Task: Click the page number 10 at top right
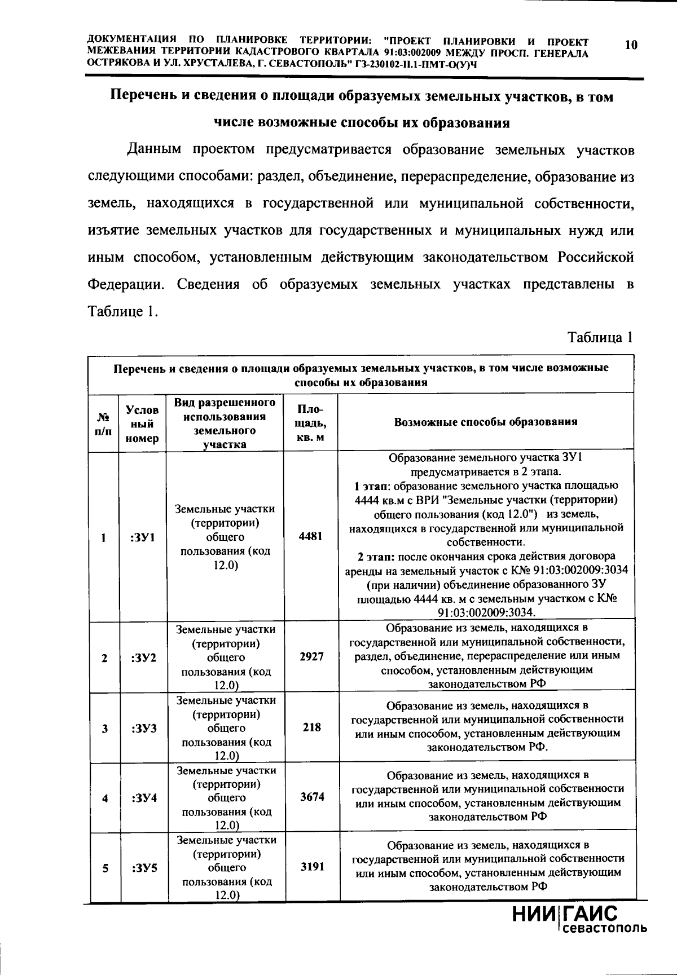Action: click(631, 45)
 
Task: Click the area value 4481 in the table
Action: click(311, 536)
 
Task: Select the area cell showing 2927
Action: click(311, 656)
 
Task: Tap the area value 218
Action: click(311, 727)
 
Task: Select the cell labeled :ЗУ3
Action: click(143, 728)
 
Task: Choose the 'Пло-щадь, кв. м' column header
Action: click(311, 423)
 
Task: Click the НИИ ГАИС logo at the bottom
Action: click(564, 914)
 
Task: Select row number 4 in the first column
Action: click(105, 798)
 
